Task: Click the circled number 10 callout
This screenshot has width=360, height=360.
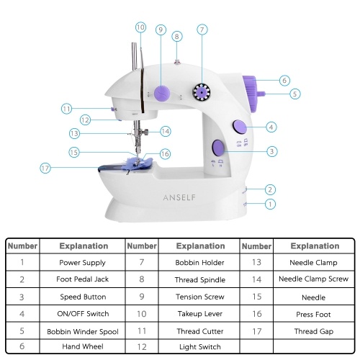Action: [x=140, y=27]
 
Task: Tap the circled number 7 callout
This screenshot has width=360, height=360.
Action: [x=202, y=30]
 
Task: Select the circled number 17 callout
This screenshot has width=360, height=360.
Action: [x=45, y=168]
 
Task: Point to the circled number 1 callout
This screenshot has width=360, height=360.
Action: [x=270, y=204]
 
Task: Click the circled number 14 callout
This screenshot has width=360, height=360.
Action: [x=166, y=131]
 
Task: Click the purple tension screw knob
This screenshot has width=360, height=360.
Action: [x=162, y=93]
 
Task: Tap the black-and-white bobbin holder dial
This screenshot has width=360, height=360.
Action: [x=202, y=92]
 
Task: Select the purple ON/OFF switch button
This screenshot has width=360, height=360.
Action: [x=240, y=127]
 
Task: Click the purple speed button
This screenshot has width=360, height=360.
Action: [x=218, y=147]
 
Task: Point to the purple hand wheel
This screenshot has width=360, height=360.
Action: [x=250, y=94]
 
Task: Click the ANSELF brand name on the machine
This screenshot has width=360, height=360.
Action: [x=179, y=197]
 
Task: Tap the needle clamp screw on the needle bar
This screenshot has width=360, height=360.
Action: [x=145, y=131]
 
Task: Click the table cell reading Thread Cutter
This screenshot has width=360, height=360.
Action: [x=200, y=331]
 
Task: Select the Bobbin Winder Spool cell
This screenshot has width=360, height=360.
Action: [x=83, y=332]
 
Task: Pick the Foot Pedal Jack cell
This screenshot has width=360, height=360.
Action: [x=83, y=279]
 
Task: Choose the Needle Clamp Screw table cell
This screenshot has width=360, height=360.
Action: [x=313, y=279]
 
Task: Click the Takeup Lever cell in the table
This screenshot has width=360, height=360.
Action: [x=200, y=314]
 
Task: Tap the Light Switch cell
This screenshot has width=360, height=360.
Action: [x=200, y=346]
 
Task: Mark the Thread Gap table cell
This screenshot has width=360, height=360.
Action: [x=314, y=331]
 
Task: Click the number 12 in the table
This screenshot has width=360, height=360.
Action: [x=142, y=347]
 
